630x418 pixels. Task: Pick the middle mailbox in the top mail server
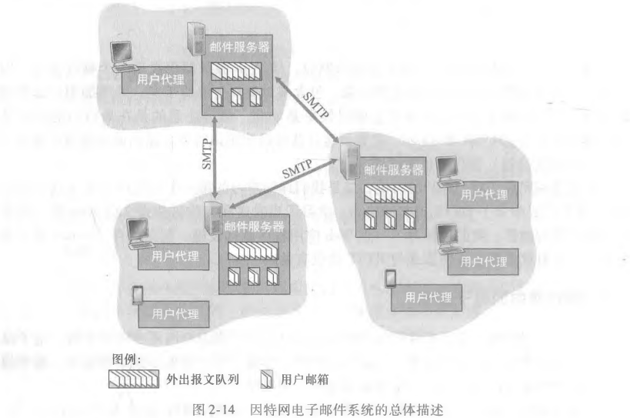pyautogui.click(x=238, y=99)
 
